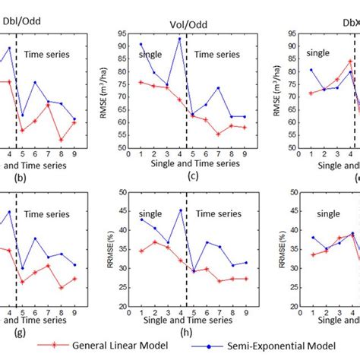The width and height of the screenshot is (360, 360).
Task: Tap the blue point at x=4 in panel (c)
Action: (x=179, y=39)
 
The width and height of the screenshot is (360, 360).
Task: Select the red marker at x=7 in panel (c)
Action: (x=218, y=134)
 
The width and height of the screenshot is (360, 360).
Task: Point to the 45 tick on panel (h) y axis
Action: (x=124, y=211)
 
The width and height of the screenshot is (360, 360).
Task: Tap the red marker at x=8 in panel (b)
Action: (x=61, y=141)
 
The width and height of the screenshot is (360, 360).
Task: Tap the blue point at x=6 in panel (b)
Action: (x=35, y=83)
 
